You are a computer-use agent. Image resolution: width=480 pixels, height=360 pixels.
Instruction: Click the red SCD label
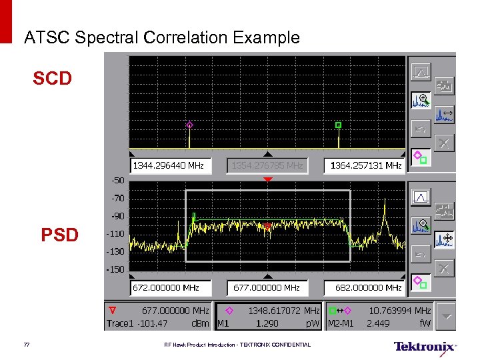52,79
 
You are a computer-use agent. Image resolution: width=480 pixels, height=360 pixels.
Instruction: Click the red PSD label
59,235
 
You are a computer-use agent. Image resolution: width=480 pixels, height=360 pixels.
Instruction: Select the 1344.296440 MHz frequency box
169,165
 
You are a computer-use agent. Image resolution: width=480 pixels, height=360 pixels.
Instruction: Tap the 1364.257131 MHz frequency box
364,165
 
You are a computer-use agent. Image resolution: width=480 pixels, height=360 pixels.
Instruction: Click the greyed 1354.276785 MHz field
267,165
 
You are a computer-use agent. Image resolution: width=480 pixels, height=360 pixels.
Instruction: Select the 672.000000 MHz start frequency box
169,288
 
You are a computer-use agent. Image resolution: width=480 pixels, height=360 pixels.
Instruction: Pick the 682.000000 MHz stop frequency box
364,288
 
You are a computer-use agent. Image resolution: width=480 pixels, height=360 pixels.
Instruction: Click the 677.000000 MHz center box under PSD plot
267,288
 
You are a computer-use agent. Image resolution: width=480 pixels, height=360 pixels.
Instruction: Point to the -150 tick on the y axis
116,269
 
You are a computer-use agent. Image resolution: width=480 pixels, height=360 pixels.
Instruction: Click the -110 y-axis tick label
116,234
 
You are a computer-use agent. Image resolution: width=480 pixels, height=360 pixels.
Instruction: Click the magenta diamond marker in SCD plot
189,125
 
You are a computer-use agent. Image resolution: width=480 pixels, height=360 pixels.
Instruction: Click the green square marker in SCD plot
338,125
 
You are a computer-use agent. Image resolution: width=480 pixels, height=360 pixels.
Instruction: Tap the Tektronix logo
424,347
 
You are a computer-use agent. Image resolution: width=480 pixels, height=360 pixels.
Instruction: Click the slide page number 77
27,345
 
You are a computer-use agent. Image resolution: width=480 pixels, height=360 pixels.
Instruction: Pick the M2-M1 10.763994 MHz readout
399,311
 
